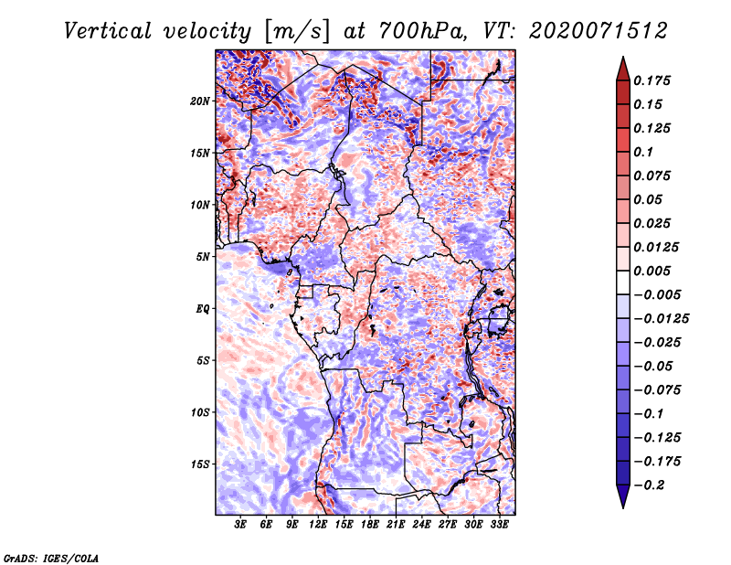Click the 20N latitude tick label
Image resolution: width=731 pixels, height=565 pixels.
click(200, 101)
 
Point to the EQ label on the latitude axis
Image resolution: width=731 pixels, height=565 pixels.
click(202, 309)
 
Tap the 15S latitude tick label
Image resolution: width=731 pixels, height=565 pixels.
click(200, 464)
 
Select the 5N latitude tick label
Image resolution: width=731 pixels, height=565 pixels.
click(203, 257)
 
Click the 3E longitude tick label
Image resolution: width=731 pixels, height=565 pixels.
click(240, 525)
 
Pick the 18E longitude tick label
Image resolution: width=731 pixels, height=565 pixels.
click(370, 525)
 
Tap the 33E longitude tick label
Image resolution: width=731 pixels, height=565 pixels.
click(499, 525)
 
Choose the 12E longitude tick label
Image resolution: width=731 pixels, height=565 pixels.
click(318, 525)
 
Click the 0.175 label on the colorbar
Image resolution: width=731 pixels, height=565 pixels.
click(652, 80)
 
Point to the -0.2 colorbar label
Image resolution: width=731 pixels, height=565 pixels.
click(649, 485)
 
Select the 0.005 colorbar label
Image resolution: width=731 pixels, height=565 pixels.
click(652, 271)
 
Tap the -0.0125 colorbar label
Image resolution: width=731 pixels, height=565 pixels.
click(661, 319)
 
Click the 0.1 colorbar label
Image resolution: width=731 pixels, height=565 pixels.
click(643, 152)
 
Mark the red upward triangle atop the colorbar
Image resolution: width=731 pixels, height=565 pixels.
click(623, 69)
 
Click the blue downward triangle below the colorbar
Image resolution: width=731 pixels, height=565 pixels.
click(623, 496)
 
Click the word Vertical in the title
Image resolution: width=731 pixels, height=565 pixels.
click(108, 31)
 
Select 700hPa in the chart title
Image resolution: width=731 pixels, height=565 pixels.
click(421, 31)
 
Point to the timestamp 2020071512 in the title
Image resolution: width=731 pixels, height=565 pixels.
click(599, 31)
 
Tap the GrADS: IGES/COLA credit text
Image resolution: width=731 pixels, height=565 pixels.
click(51, 558)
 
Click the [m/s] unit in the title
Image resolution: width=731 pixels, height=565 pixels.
click(297, 32)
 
